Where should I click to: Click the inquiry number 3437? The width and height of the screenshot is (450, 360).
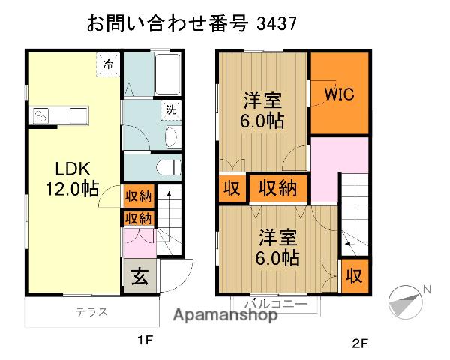coord(276,22)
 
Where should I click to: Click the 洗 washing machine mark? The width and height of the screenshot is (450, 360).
coord(172,109)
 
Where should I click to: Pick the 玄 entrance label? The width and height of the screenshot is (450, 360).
coord(140,278)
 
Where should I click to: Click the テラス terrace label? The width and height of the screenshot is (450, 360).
coord(91,313)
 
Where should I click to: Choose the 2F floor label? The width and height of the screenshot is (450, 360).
coord(361,344)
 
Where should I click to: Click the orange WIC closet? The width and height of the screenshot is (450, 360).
coord(339,94)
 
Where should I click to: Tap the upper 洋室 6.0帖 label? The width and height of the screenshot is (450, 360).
coord(262,109)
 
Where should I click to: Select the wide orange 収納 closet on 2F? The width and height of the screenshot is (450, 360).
coord(277,189)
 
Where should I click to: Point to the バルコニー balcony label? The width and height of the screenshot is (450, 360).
coord(273,305)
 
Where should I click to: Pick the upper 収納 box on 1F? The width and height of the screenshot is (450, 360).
coord(138,196)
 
